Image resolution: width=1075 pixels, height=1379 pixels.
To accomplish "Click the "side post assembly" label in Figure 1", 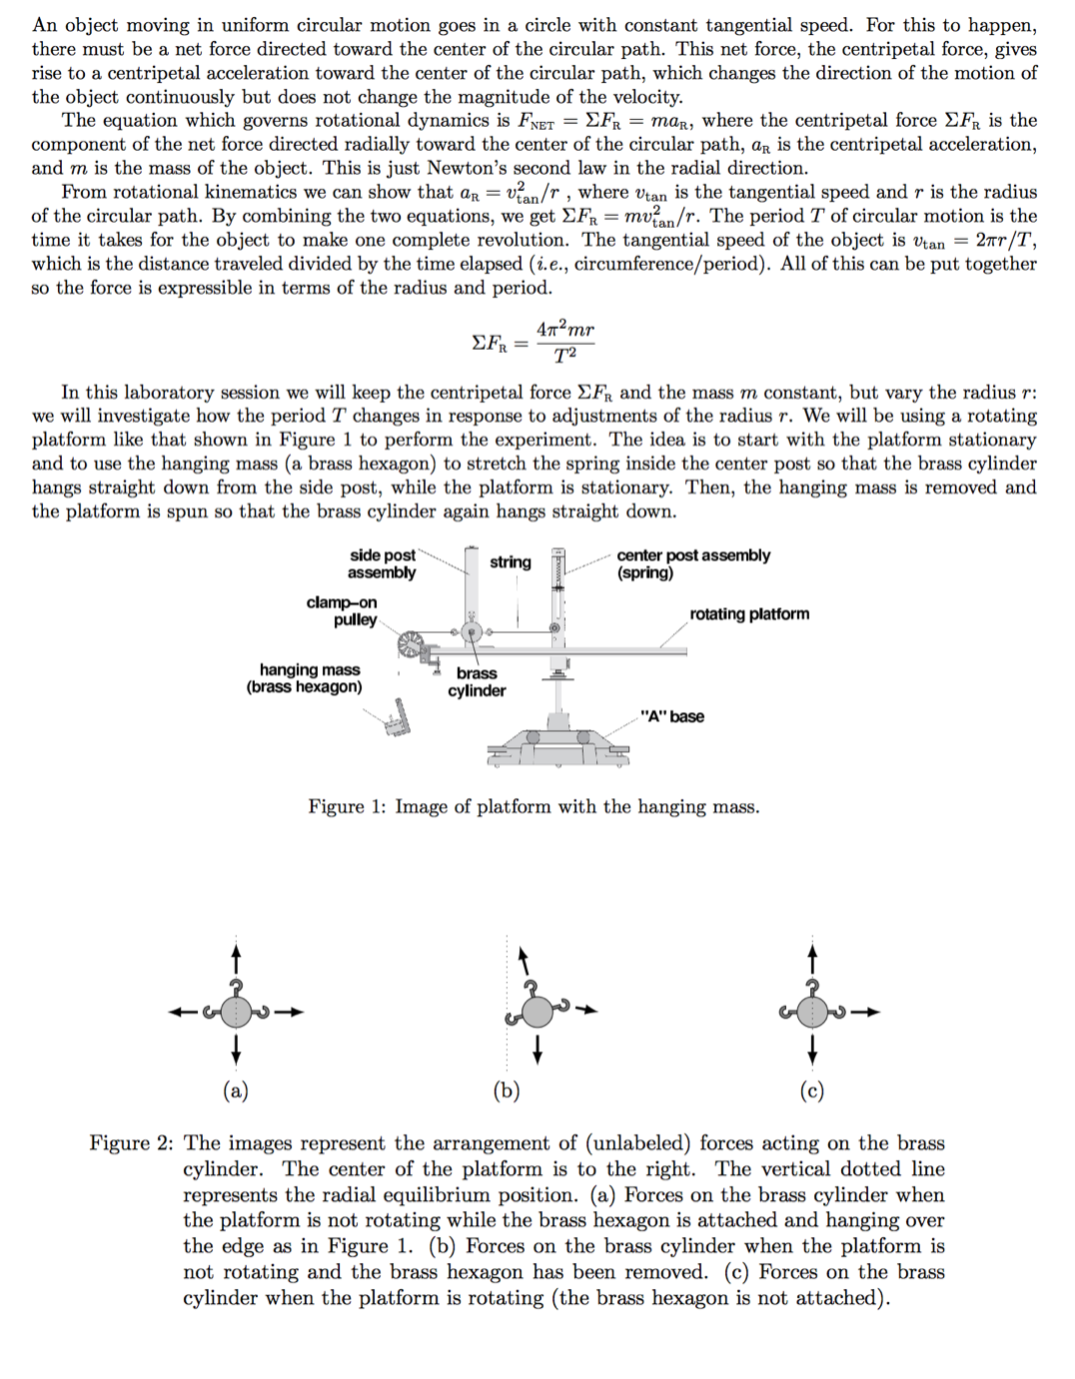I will coord(382,564).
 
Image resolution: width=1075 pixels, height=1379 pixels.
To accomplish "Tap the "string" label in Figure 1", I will coord(510,563).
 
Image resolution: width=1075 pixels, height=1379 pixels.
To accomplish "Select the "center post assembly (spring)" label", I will coord(692,564).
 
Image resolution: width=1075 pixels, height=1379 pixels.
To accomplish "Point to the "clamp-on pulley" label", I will coord(342,611).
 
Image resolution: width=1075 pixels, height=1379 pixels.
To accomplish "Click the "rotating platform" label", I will coord(748,614).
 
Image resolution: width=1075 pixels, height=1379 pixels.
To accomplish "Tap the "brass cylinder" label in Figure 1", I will coord(477,682).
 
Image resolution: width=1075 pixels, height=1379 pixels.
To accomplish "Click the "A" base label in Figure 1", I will coord(671,716).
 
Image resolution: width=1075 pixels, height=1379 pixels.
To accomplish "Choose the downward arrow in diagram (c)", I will coord(813,1050).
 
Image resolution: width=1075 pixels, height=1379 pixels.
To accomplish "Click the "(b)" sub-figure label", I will coord(507,1090).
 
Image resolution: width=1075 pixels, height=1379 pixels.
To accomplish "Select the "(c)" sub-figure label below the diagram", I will coord(812,1090).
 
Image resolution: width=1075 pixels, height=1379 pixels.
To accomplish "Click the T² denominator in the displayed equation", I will coord(564,355).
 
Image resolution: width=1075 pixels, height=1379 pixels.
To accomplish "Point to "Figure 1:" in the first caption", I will coord(346,806).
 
